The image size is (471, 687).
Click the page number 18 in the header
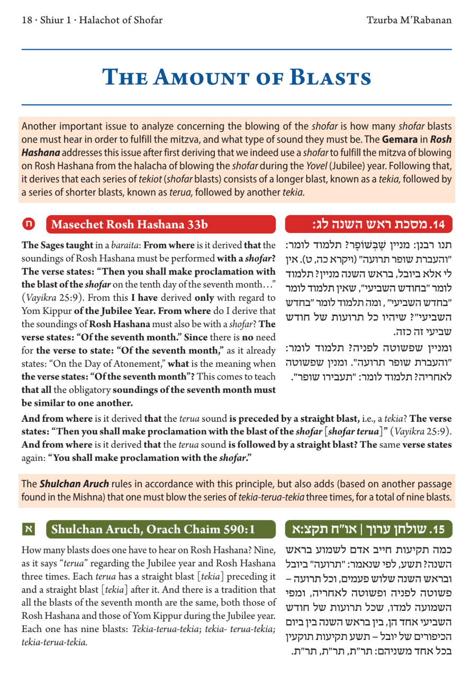pos(26,21)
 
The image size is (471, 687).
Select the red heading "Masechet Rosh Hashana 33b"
pos(130,224)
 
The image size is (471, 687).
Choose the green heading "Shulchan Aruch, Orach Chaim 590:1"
pos(153,528)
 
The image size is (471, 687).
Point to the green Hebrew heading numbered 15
pos(369,528)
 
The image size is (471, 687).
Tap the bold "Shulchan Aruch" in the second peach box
pos(75,484)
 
